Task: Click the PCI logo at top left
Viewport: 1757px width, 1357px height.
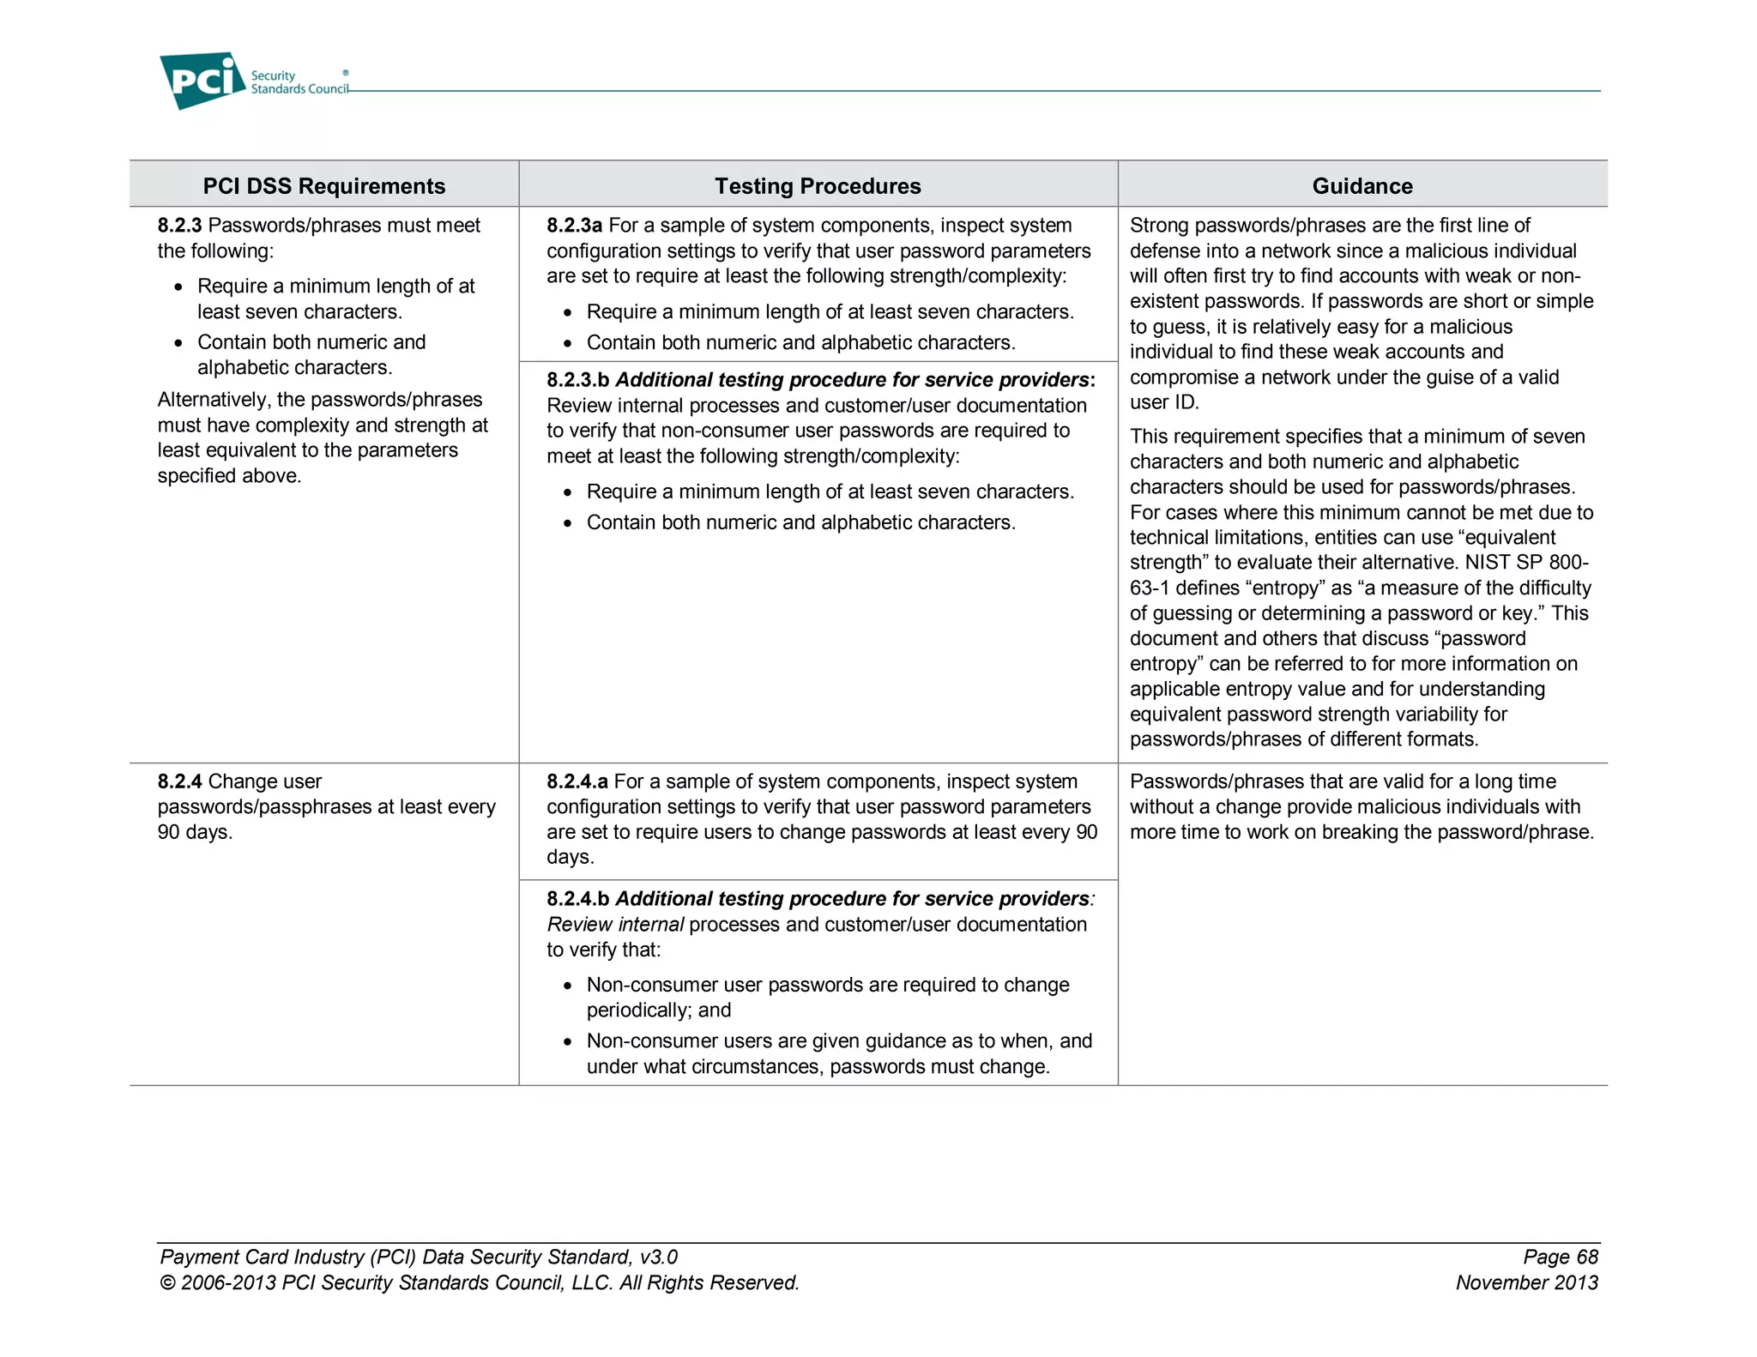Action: (x=202, y=81)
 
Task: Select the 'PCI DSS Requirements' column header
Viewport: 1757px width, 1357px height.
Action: (x=323, y=186)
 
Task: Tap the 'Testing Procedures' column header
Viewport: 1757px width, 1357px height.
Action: (x=818, y=186)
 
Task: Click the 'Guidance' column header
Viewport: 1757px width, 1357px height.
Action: (x=1362, y=186)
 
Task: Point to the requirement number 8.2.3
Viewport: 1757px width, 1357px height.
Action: (x=179, y=226)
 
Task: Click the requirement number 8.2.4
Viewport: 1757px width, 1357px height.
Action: (x=179, y=781)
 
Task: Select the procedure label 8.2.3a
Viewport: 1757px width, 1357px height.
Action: (x=574, y=226)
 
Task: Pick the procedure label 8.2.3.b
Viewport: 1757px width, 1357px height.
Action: (x=577, y=380)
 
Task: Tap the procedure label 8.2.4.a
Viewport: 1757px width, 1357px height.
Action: (x=577, y=781)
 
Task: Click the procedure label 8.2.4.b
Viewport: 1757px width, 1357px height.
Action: (x=577, y=899)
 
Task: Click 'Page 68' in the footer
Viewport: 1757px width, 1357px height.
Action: (x=1560, y=1257)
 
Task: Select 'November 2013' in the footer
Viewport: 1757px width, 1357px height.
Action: (x=1526, y=1282)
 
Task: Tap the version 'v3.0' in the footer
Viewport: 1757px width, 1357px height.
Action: (x=658, y=1257)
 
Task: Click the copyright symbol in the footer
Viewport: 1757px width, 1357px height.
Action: (x=167, y=1283)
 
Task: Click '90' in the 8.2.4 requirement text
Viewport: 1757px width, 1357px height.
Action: (x=168, y=832)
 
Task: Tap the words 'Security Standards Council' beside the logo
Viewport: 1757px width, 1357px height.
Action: (x=299, y=82)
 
